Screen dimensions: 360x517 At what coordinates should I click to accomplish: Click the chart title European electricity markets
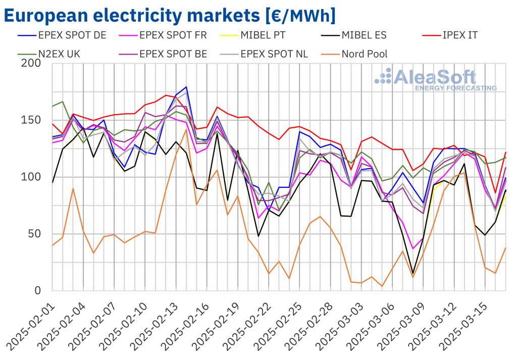click(170, 15)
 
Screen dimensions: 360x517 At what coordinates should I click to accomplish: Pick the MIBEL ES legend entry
click(371, 35)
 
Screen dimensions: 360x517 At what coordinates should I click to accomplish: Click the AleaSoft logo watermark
click(434, 80)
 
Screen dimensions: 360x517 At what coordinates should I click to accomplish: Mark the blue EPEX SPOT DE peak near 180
click(186, 87)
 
